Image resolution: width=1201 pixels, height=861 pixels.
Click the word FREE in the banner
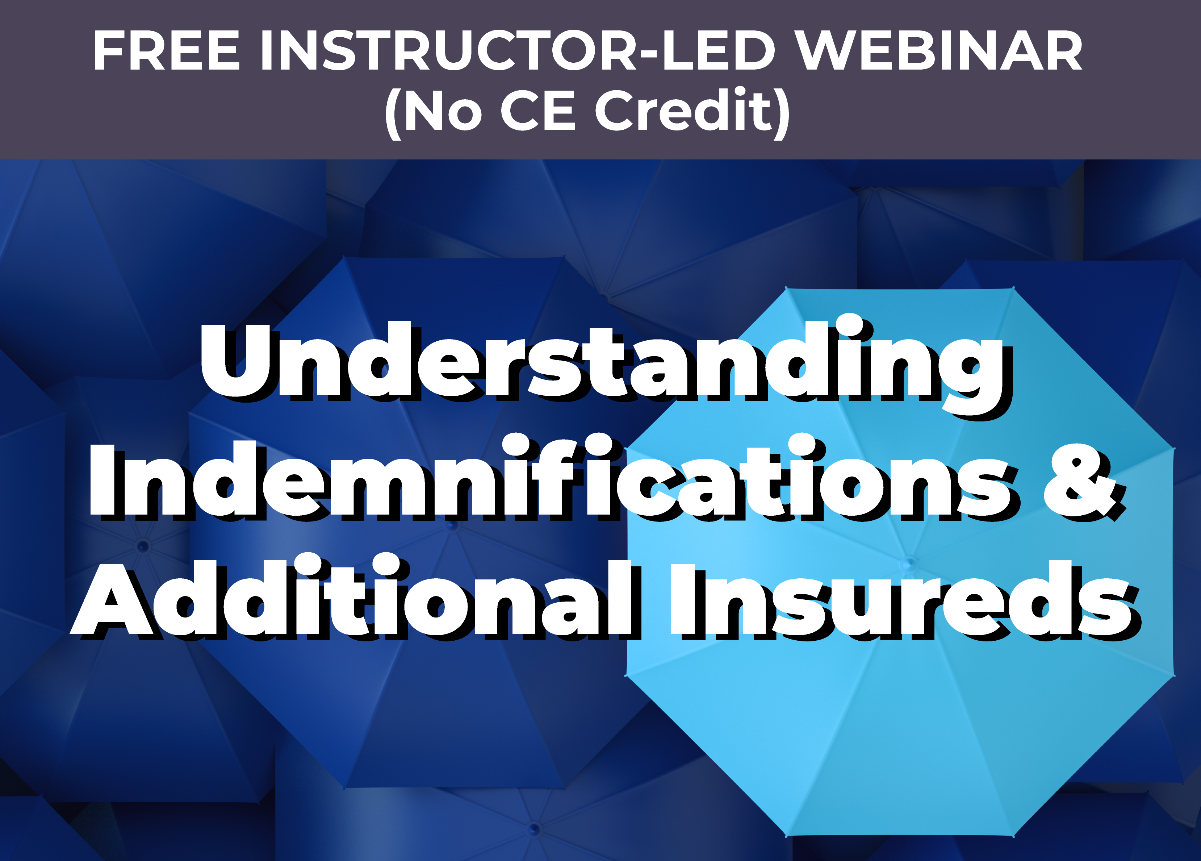(166, 50)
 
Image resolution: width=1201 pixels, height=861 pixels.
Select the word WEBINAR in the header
(940, 50)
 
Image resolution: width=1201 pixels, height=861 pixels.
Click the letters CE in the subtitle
(537, 110)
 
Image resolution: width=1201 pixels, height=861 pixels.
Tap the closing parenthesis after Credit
(782, 113)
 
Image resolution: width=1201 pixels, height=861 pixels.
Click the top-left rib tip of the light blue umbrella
(786, 288)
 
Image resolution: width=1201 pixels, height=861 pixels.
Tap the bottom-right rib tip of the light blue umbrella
(1013, 836)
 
